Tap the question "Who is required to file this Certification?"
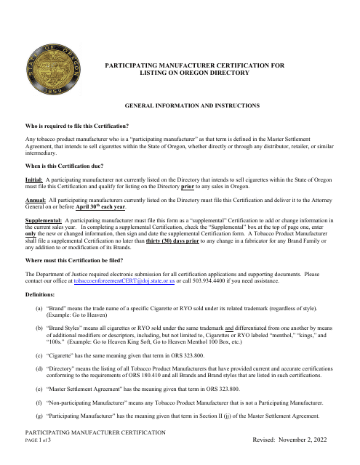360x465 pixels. (87, 125)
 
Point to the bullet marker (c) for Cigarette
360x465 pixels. (39, 356)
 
